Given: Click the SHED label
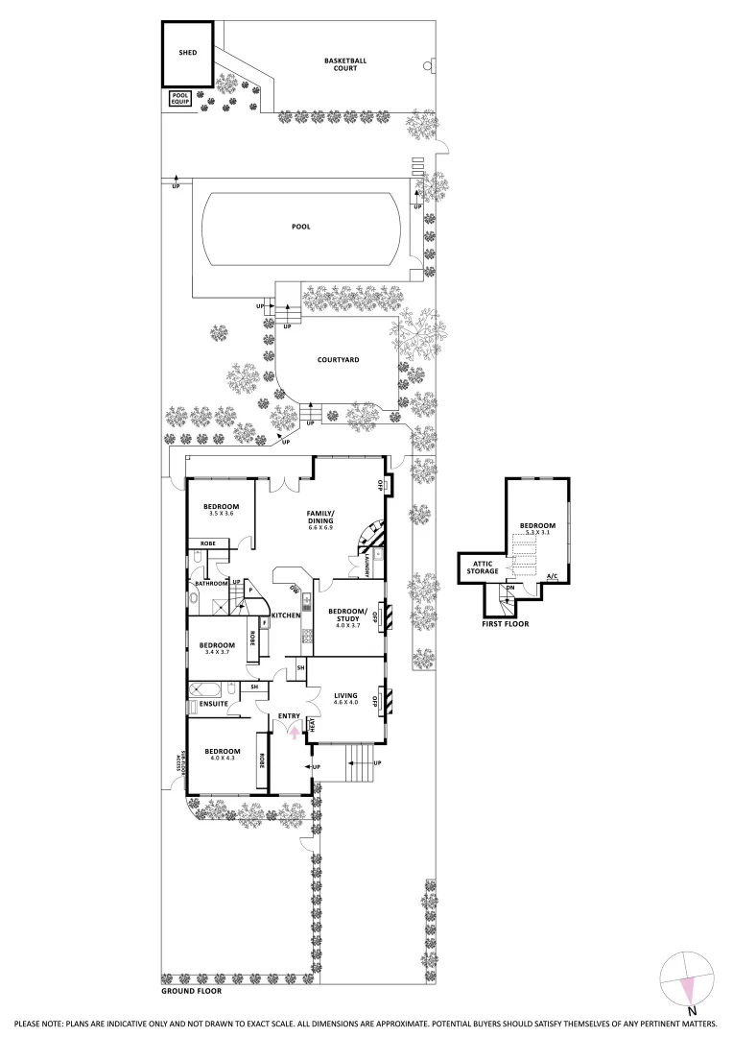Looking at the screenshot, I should (187, 53).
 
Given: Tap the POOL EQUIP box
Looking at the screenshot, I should (180, 97).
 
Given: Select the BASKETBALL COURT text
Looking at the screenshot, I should (344, 64).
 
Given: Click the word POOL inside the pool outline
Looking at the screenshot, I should (302, 228).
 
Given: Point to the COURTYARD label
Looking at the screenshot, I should (338, 360).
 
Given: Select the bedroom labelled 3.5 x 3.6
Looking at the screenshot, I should (222, 510).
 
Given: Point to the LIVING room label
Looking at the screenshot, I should (345, 698).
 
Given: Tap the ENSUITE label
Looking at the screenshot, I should (213, 704).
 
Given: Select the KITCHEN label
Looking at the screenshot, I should (287, 615).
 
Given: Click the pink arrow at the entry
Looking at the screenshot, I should (295, 735).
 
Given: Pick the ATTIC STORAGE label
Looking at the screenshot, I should (483, 567).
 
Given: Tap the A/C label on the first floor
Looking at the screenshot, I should (552, 577).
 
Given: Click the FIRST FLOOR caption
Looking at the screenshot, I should (505, 624).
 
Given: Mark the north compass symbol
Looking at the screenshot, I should (687, 979).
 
